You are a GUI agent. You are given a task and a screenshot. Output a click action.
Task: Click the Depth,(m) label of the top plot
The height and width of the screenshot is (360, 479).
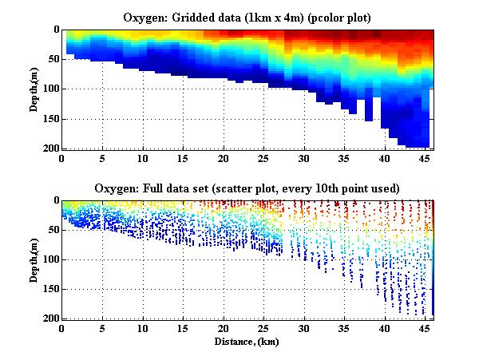click(36, 89)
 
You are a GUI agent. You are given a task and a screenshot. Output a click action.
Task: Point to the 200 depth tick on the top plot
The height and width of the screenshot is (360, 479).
click(50, 149)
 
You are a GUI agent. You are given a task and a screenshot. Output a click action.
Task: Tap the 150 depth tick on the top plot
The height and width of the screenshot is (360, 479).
click(50, 120)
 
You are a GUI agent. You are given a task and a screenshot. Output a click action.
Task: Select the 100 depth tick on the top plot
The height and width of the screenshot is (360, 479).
click(50, 89)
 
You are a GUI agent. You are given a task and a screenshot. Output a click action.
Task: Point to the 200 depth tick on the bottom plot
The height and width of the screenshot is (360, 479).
click(50, 319)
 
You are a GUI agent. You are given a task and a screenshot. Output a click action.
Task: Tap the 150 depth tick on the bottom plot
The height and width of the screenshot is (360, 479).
click(50, 290)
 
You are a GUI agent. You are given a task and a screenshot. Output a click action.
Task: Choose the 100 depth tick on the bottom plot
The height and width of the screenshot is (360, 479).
click(50, 259)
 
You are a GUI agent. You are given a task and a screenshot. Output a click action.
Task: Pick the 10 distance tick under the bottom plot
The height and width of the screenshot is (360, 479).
click(143, 328)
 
